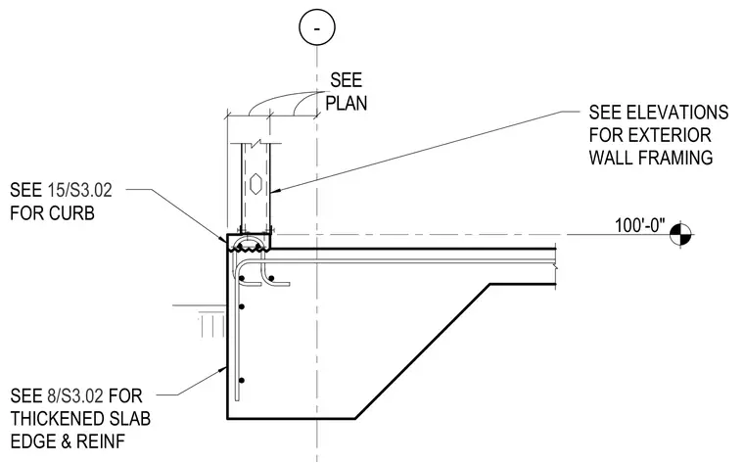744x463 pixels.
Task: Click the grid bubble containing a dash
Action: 317,27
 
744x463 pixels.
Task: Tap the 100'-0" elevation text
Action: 639,225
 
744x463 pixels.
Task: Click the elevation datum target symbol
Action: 681,234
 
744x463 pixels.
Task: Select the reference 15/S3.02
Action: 79,190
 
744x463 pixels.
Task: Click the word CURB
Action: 71,213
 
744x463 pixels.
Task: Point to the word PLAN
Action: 347,103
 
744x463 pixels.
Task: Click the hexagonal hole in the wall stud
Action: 256,184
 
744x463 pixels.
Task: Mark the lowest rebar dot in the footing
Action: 242,381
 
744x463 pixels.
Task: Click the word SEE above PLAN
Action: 347,80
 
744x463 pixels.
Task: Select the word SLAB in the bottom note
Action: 130,419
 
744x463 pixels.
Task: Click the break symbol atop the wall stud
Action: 256,143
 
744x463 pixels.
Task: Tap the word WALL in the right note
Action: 613,158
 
